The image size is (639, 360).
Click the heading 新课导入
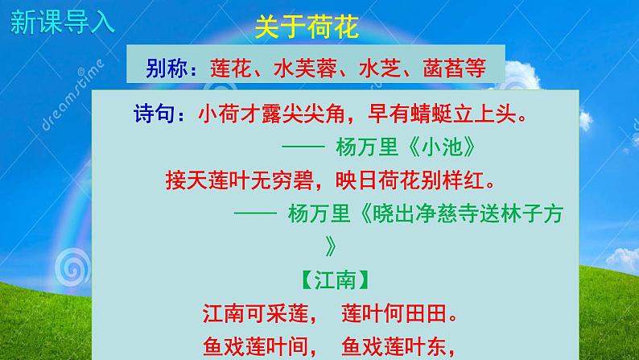pyautogui.click(x=63, y=21)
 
